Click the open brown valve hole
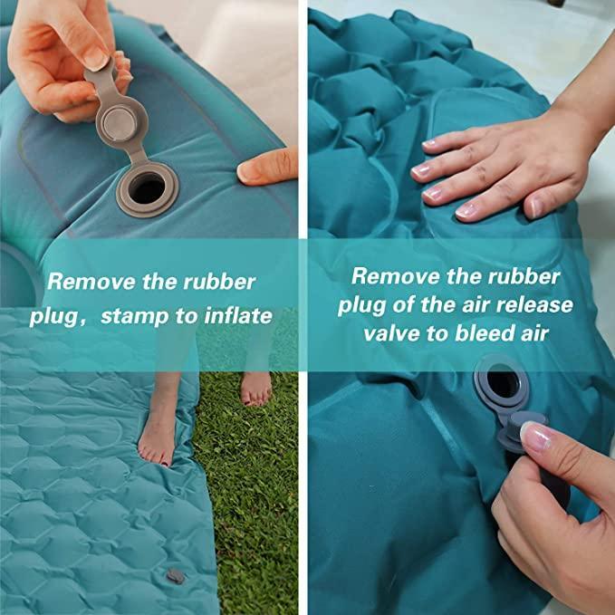pyautogui.click(x=147, y=188)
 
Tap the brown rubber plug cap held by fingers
pyautogui.click(x=120, y=124)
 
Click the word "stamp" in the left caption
pyautogui.click(x=135, y=316)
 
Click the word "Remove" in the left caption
pyautogui.click(x=91, y=282)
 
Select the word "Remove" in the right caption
pyautogui.click(x=395, y=275)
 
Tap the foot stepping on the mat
pyautogui.click(x=158, y=428)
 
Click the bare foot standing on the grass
pyautogui.click(x=255, y=389)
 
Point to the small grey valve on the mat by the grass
pyautogui.click(x=176, y=576)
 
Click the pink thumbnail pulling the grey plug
pyautogui.click(x=535, y=437)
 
